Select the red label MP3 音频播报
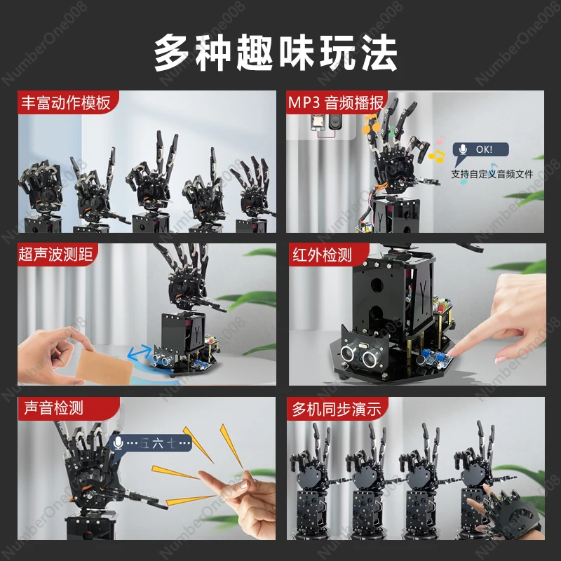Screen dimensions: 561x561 (x=336, y=103)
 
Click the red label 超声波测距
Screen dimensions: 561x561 (x=56, y=255)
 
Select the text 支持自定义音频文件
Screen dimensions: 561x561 (x=492, y=174)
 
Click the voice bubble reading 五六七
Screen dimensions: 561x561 (x=151, y=442)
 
